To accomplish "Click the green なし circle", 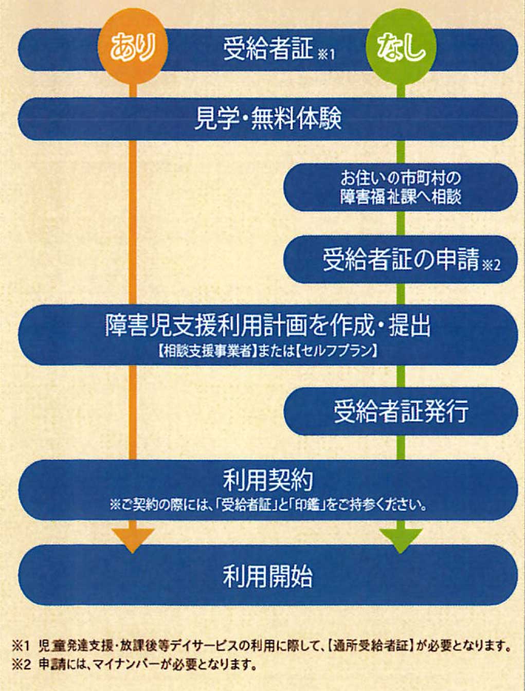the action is (x=401, y=48).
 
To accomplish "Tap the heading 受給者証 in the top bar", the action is (x=268, y=49).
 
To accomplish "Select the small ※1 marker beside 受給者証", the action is (x=326, y=56).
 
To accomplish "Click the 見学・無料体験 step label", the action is (x=268, y=119).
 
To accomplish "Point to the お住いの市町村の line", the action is (x=401, y=178).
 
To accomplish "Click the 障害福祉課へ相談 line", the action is (x=401, y=197).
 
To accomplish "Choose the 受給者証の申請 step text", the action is (x=401, y=260).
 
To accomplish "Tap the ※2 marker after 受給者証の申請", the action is (x=491, y=266).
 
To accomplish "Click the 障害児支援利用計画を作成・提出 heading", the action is (x=267, y=325).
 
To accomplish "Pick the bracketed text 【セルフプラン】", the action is (x=337, y=352).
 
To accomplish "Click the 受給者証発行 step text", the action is (x=401, y=411).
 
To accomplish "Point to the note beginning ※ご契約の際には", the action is (x=268, y=506).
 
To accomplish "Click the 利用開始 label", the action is (x=268, y=577).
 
